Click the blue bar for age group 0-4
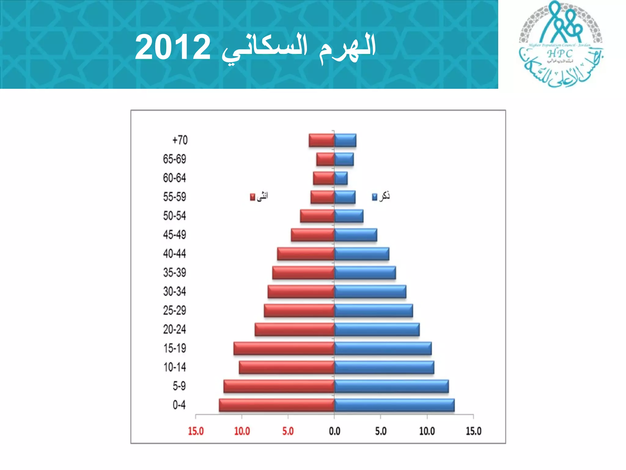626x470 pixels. pos(394,405)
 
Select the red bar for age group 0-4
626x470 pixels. pos(277,405)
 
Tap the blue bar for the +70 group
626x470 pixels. pos(345,140)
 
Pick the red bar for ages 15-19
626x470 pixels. pos(284,349)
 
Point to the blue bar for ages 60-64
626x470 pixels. pos(341,178)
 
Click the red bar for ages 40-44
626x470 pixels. pos(306,254)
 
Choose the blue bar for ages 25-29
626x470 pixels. pos(374,311)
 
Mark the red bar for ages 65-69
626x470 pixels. pos(325,159)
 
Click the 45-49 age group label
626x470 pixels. pos(175,235)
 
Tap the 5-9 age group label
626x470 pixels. pos(179,386)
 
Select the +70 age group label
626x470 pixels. pos(180,140)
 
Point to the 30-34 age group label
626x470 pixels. pos(175,292)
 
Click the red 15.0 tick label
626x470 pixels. pos(196,431)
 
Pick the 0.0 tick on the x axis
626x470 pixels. pos(334,431)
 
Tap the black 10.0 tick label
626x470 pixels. pos(427,431)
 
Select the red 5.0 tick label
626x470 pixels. pos(288,431)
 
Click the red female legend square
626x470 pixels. pos(252,197)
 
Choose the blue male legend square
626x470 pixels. pos(375,197)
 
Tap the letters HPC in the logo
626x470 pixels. pos(560,54)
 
